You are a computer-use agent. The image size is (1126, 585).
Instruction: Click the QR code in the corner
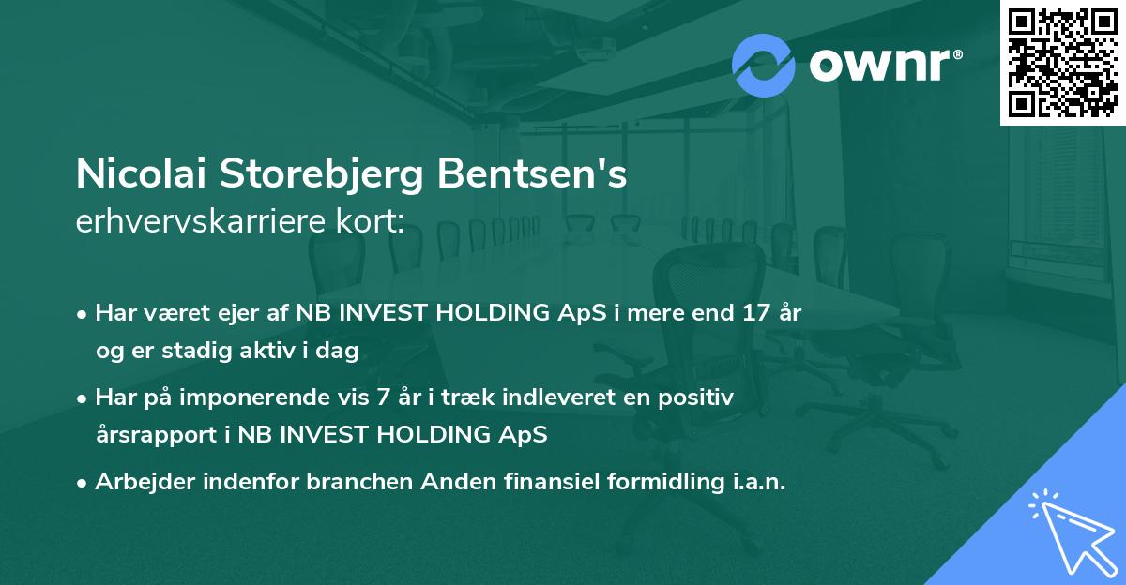coord(1062,62)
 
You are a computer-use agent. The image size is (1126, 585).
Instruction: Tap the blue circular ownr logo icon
coord(764,65)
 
